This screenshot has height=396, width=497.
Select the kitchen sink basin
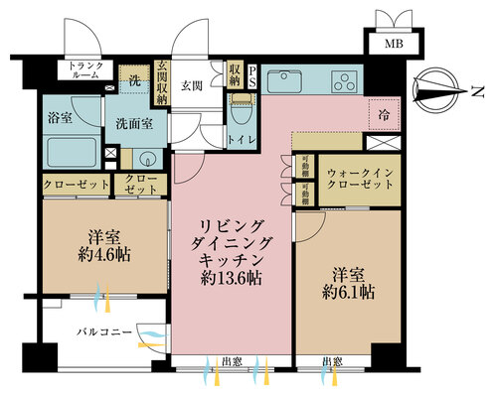point(279,78)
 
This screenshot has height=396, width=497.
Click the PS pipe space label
point(252,77)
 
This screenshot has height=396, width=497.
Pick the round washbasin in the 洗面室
point(147,159)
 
